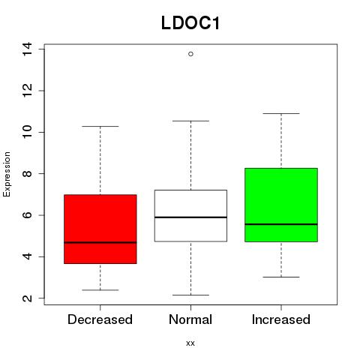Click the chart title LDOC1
click(190, 23)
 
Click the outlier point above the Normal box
click(190, 54)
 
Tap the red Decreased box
click(100, 229)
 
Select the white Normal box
click(190, 216)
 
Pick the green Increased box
click(281, 205)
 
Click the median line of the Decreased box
click(100, 242)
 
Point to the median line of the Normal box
click(190, 217)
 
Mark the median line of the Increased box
click(281, 224)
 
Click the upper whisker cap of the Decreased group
click(100, 126)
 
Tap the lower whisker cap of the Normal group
click(190, 295)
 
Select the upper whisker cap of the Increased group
click(281, 113)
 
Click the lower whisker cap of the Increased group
click(281, 277)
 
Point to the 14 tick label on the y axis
click(27, 49)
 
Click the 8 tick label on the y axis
click(27, 174)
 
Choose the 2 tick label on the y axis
click(27, 298)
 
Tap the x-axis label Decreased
click(100, 319)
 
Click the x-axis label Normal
click(190, 319)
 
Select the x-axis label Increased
click(281, 319)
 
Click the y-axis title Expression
click(7, 174)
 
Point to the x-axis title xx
click(190, 343)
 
